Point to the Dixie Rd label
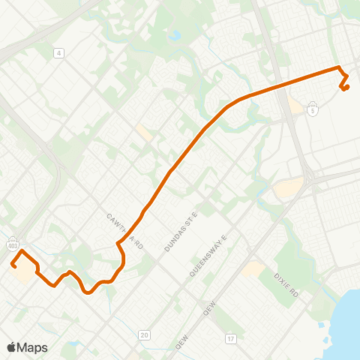click(x=286, y=284)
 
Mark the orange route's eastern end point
click(x=346, y=88)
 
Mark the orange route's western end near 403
click(x=13, y=264)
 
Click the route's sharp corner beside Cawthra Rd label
click(x=118, y=243)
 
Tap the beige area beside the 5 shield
click(x=295, y=107)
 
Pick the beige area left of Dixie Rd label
click(x=253, y=268)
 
